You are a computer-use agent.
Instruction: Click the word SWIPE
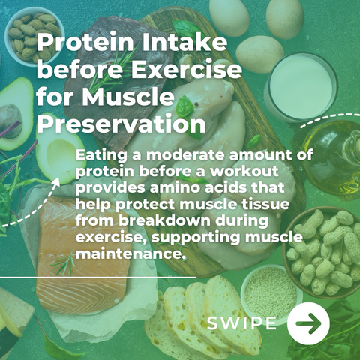(x=241, y=322)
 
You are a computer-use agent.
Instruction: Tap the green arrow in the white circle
(x=308, y=323)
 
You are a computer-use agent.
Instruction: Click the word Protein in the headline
(x=85, y=43)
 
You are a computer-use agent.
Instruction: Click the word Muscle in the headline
(x=127, y=96)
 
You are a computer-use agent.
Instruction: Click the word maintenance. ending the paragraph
(x=131, y=253)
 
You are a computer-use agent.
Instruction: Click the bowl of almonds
(x=34, y=36)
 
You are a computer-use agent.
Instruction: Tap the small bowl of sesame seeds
(x=271, y=292)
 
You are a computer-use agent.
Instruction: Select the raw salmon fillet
(x=82, y=255)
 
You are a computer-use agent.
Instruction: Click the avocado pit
(x=10, y=121)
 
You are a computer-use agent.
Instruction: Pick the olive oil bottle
(x=332, y=157)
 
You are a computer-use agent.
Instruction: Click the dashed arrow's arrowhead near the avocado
(x=56, y=181)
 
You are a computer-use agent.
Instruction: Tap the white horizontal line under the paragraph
(x=98, y=277)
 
